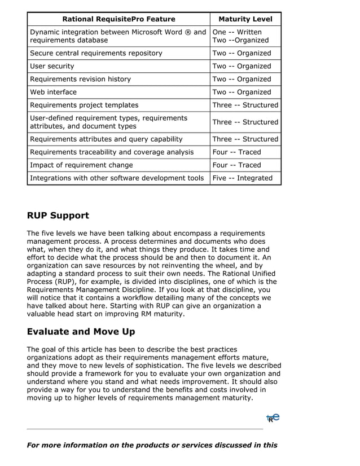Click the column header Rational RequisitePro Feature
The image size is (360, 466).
pos(118,19)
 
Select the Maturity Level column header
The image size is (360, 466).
pos(245,19)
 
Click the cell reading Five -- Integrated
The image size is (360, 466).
pos(242,178)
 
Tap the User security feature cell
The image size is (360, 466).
pos(52,67)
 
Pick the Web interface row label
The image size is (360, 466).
pos(53,93)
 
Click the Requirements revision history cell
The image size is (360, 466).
pos(80,80)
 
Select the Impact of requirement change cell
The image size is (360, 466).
pos(81,165)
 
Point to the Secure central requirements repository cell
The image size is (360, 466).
pos(96,54)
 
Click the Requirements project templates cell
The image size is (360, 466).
pos(84,105)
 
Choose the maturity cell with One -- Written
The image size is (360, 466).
pos(237,32)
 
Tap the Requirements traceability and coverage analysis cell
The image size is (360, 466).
pos(112,152)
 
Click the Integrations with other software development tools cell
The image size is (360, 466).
pos(117,178)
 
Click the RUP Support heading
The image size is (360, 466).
pos(58,216)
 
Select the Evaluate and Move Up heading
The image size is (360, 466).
pos(81,332)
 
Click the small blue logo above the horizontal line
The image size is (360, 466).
pos(273,418)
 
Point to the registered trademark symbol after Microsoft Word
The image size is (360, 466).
pos(188,32)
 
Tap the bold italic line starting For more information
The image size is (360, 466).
pos(152,445)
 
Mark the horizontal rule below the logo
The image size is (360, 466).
pos(145,429)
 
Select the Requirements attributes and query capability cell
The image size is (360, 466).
pos(106,139)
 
